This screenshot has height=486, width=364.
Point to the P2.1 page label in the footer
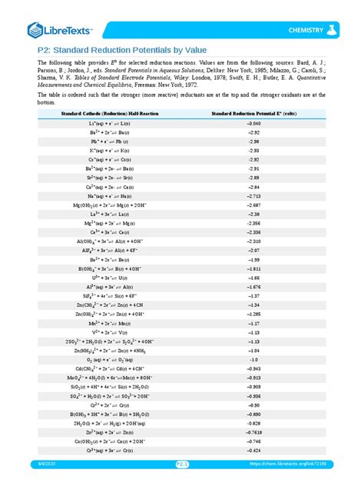(x=182, y=474)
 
